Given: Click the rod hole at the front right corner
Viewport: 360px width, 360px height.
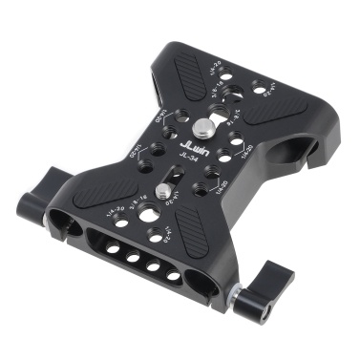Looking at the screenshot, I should pos(202,284).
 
